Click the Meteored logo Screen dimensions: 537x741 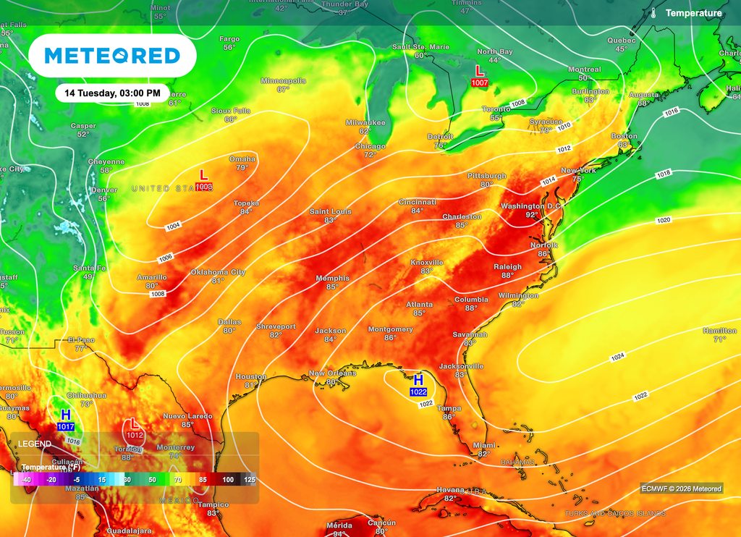pos(112,56)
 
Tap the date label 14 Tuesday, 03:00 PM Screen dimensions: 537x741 pos(111,93)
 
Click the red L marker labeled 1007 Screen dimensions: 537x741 pos(479,75)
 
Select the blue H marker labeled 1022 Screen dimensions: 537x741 pos(418,384)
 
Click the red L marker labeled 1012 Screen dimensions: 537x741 pos(134,428)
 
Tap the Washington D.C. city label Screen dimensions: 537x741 pos(532,206)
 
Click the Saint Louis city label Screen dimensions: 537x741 pos(331,211)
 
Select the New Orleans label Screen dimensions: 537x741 pos(333,373)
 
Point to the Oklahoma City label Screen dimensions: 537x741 pos(218,272)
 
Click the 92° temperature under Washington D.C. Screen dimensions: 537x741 pos(532,215)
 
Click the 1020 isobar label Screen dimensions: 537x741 pos(664,220)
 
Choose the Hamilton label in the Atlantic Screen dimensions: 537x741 pos(719,331)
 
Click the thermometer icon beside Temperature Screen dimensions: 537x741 pos(653,13)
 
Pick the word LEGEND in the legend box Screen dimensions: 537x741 pos(35,444)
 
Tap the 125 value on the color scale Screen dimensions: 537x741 pos(250,480)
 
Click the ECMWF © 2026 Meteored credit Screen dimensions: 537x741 pos(681,489)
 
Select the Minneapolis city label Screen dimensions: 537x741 pos(283,80)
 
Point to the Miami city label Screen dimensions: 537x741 pos(483,446)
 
